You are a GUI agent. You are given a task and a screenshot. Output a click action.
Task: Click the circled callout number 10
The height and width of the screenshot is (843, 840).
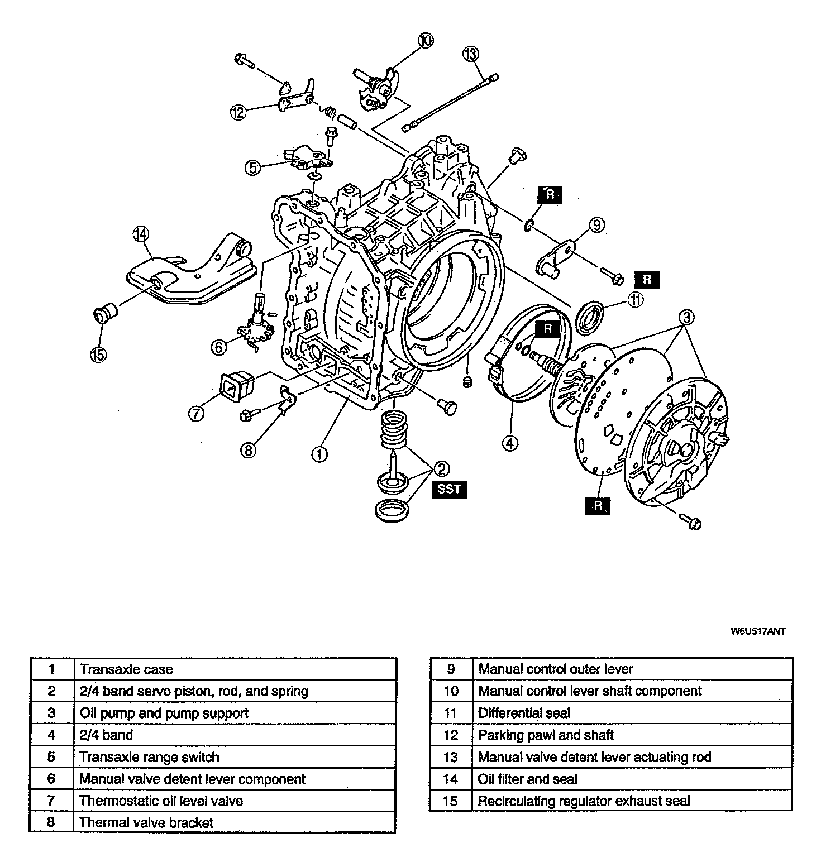pyautogui.click(x=425, y=40)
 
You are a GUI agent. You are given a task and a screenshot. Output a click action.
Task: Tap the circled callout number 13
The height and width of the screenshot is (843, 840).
pyautogui.click(x=470, y=54)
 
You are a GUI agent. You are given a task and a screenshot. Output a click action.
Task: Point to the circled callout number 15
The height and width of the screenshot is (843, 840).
pyautogui.click(x=98, y=355)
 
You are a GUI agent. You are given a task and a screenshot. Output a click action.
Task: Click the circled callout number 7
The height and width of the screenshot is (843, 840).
pyautogui.click(x=196, y=414)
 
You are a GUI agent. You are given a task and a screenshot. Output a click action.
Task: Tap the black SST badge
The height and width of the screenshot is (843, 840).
pyautogui.click(x=449, y=489)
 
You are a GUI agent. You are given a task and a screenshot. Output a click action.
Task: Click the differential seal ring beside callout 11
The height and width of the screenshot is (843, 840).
pyautogui.click(x=590, y=316)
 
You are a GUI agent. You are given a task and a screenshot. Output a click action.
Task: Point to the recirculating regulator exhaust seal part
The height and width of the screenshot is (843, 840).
pyautogui.click(x=104, y=314)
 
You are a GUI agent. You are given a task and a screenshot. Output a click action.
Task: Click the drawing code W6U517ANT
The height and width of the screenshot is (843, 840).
pyautogui.click(x=758, y=631)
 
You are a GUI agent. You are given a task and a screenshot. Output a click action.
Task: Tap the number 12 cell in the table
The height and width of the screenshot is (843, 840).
pyautogui.click(x=451, y=735)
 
